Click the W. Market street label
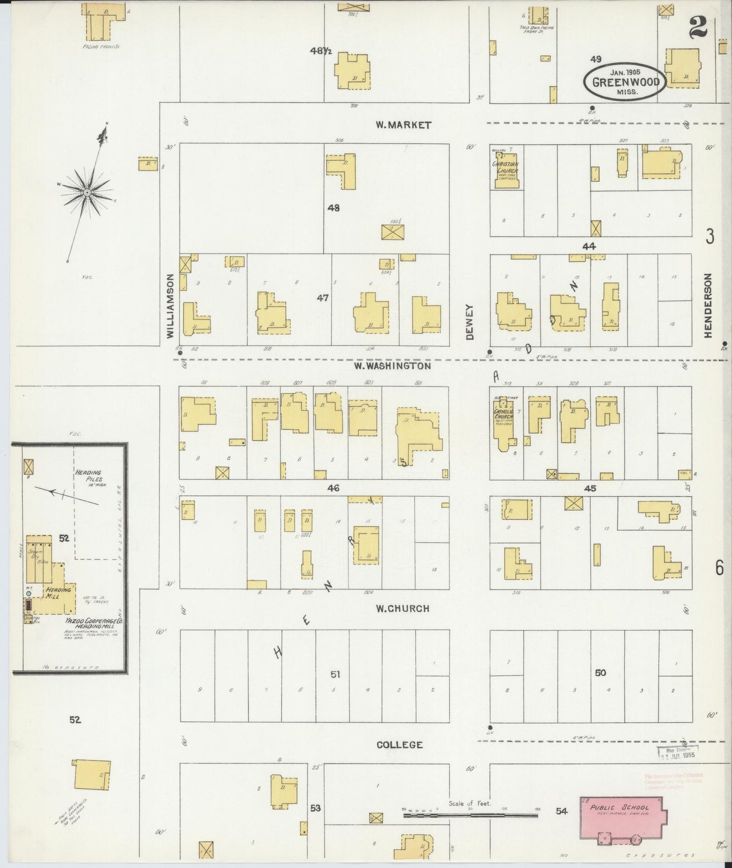coord(403,125)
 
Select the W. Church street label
coord(402,609)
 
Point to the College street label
coord(400,744)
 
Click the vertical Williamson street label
coord(171,306)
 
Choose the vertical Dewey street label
coord(469,322)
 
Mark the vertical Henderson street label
coord(708,305)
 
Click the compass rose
coord(88,193)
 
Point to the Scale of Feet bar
coord(470,816)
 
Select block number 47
coord(323,298)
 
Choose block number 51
coord(335,675)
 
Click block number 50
coord(600,673)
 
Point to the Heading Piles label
coord(89,476)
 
